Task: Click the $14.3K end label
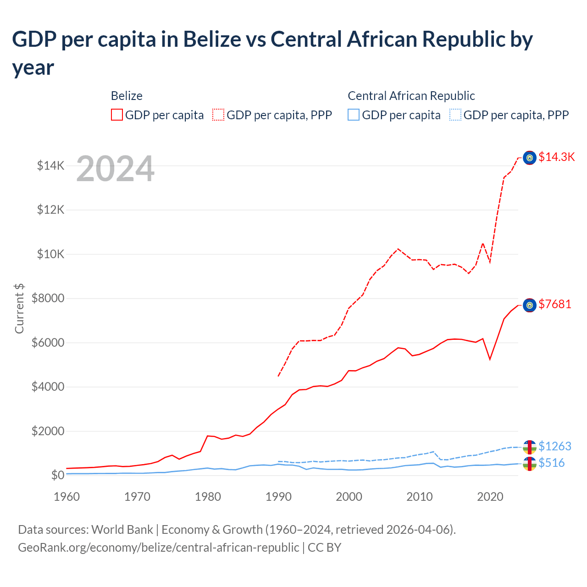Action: tap(556, 157)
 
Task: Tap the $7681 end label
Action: tap(554, 304)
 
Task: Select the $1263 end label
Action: tap(554, 446)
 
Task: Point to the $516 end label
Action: tap(551, 463)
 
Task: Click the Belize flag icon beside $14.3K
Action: tap(530, 158)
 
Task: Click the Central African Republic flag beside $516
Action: tap(530, 464)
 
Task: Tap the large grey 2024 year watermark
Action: tap(115, 169)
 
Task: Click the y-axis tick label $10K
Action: tap(50, 254)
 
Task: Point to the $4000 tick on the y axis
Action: tap(48, 387)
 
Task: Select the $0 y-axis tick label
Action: tap(57, 475)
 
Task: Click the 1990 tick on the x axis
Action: tap(278, 497)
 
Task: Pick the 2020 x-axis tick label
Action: tap(490, 497)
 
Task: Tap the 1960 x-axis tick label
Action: tap(67, 497)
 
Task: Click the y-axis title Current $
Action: tap(19, 308)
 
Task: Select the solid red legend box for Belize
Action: tap(117, 115)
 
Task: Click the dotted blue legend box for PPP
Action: tap(455, 115)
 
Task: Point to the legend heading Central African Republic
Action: tap(411, 96)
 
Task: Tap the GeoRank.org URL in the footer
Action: tap(158, 547)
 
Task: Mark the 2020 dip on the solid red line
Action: tap(490, 359)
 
